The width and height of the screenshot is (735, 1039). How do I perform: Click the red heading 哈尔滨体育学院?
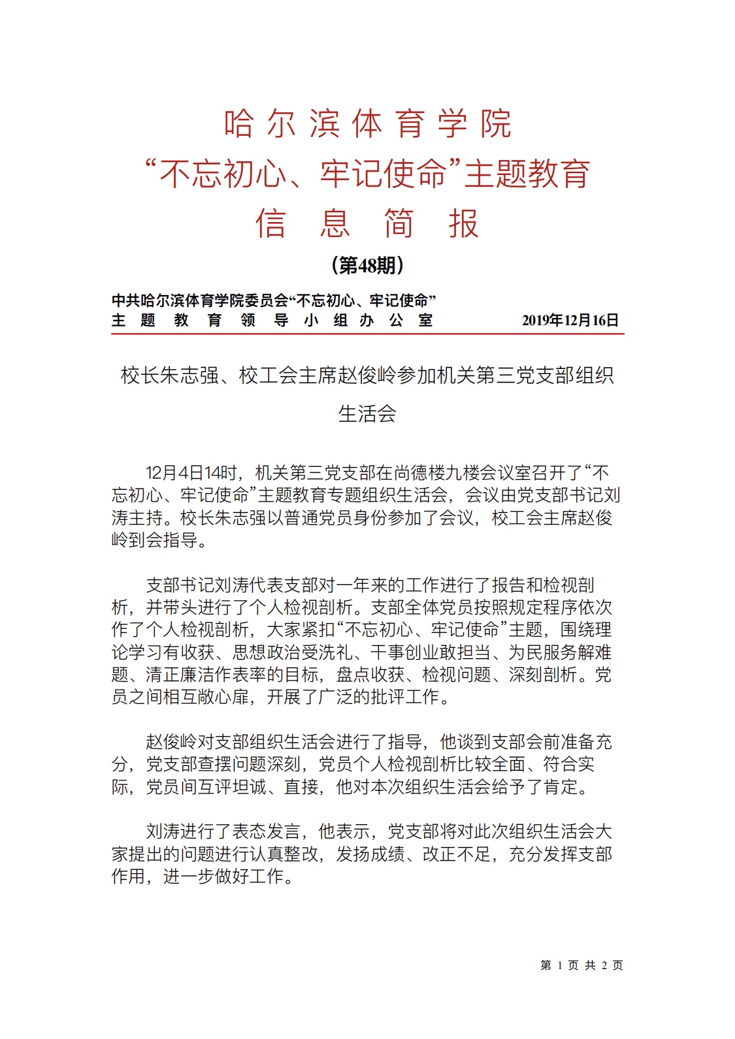(x=367, y=123)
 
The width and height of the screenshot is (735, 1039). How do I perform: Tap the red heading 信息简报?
(x=367, y=223)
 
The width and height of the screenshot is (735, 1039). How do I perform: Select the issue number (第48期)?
(x=367, y=265)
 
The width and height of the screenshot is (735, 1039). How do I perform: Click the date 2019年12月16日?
(x=570, y=320)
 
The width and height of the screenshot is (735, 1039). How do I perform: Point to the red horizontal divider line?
(x=367, y=334)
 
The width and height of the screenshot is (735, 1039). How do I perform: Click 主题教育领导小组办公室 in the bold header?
(x=272, y=320)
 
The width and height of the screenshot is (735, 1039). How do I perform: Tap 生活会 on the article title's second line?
(x=367, y=413)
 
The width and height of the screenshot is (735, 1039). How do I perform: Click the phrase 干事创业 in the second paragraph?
(x=405, y=652)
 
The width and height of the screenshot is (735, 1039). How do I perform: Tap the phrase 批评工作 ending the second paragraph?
(x=406, y=697)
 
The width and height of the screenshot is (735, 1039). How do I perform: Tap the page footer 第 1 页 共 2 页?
(x=581, y=965)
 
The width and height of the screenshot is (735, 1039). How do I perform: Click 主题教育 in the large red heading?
(x=527, y=174)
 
